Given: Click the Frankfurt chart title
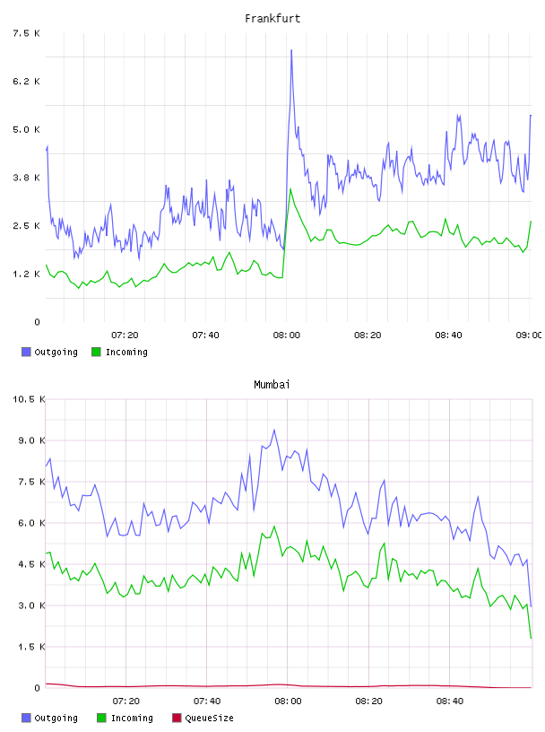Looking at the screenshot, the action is pos(272,19).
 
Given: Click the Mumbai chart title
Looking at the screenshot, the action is pos(272,385).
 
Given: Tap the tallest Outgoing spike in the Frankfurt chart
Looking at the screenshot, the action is pos(291,50).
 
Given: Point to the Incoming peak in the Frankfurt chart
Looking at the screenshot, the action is pos(290,189).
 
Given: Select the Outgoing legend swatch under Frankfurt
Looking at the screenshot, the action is pos(26,352).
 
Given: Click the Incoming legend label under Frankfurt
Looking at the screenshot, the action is pos(126,352).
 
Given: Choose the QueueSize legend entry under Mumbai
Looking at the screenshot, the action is pos(203,718).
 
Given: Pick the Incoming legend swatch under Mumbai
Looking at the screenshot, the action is pos(101,718).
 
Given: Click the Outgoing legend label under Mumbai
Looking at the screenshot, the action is pos(56,718).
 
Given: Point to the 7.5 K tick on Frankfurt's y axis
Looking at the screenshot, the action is pos(27,33).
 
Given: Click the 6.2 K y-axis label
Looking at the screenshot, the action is pos(27,82).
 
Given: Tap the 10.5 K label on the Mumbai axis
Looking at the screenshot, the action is pos(29,399).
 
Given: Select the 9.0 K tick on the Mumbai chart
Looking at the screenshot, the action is pos(31,440).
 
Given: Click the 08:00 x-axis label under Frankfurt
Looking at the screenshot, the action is pos(287,335).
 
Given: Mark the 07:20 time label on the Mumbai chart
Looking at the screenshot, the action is pos(126,701).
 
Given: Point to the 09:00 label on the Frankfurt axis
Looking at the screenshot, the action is pos(529,335).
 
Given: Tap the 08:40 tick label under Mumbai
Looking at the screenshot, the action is pos(450,701).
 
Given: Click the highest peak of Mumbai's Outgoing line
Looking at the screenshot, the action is pos(274,430).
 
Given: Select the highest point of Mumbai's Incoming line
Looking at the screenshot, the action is pos(274,527).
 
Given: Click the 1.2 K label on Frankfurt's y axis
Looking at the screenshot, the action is pos(27,274).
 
